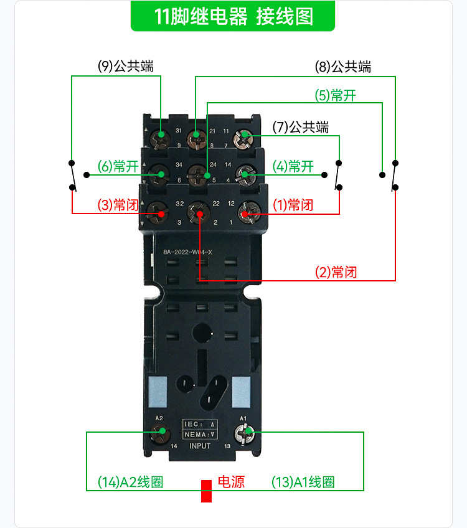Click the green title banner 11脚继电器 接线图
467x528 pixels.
pos(233,16)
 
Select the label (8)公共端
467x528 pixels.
pos(343,67)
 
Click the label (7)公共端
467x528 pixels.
pos(300,127)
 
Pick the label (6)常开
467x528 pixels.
pos(118,167)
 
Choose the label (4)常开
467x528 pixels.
pos(293,167)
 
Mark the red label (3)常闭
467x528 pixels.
pos(118,205)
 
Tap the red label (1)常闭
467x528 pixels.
pos(293,205)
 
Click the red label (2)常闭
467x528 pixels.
pos(336,272)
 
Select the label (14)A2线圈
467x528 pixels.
pos(130,482)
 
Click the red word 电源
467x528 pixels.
pos(230,481)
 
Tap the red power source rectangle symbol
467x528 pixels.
pos(206,491)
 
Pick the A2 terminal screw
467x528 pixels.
pos(161,431)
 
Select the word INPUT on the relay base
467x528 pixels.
pos(200,446)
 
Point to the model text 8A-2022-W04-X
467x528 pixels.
pos(187,252)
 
